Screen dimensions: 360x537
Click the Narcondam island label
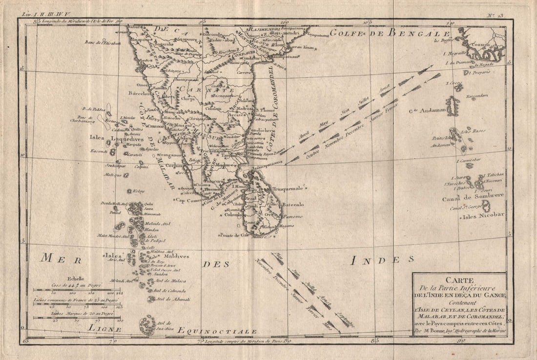(479, 96)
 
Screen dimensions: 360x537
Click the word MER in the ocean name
(54, 259)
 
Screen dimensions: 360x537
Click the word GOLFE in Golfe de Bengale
(346, 33)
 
